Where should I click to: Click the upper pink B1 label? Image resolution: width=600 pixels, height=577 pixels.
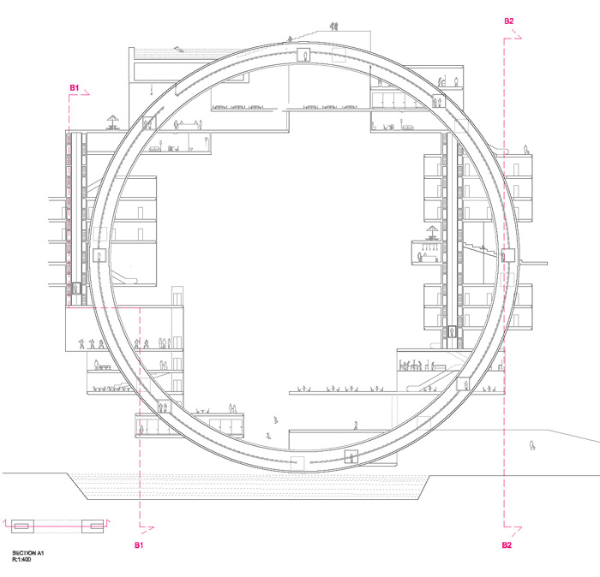coord(75,88)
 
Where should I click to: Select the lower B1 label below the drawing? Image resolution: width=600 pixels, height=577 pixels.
coord(139,545)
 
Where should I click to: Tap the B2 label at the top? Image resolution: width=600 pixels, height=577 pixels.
coord(509,21)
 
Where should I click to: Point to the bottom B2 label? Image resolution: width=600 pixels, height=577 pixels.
coord(507,545)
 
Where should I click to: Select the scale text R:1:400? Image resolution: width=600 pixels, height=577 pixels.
coord(21,560)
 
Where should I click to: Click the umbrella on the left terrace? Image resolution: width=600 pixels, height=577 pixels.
coord(113,122)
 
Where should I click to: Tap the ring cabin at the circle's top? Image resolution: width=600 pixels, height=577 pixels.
coord(303,55)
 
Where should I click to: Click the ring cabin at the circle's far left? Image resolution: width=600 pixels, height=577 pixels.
coord(100,255)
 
